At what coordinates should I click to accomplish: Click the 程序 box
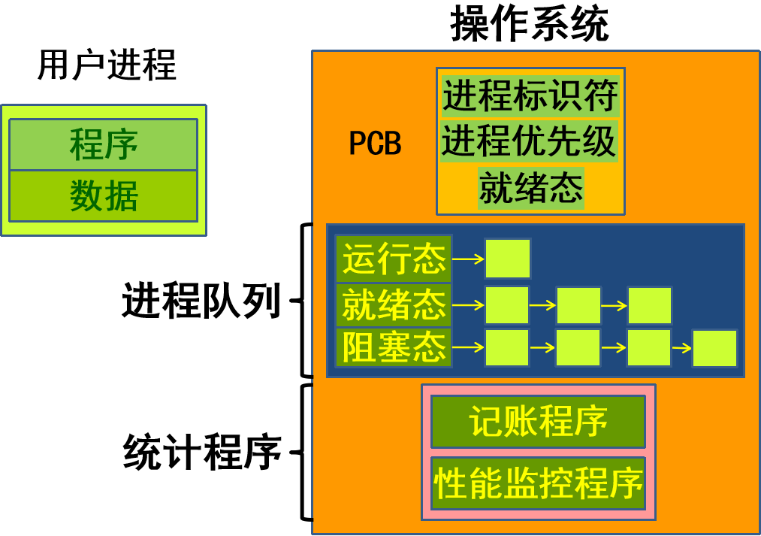point(103,144)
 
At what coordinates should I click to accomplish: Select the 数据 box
point(103,196)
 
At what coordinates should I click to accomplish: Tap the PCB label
point(375,143)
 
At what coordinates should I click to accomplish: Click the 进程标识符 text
point(530,95)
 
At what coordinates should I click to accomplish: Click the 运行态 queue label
point(394,259)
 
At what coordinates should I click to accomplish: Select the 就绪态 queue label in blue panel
point(394,304)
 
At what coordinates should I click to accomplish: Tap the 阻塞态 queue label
point(394,347)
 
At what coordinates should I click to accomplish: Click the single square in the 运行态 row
point(507,259)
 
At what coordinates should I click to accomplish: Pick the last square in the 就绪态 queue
point(649,305)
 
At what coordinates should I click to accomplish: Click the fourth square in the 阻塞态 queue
point(714,348)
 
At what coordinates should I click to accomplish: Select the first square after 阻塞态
point(506,347)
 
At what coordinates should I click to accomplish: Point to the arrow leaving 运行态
point(468,259)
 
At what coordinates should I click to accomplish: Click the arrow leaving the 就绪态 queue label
point(468,305)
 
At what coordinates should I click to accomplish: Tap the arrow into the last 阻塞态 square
point(681,348)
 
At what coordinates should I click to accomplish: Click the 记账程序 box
point(538,422)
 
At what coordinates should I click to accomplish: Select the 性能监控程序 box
point(538,482)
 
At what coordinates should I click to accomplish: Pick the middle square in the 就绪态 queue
point(578,305)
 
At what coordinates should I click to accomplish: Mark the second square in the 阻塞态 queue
point(578,347)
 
